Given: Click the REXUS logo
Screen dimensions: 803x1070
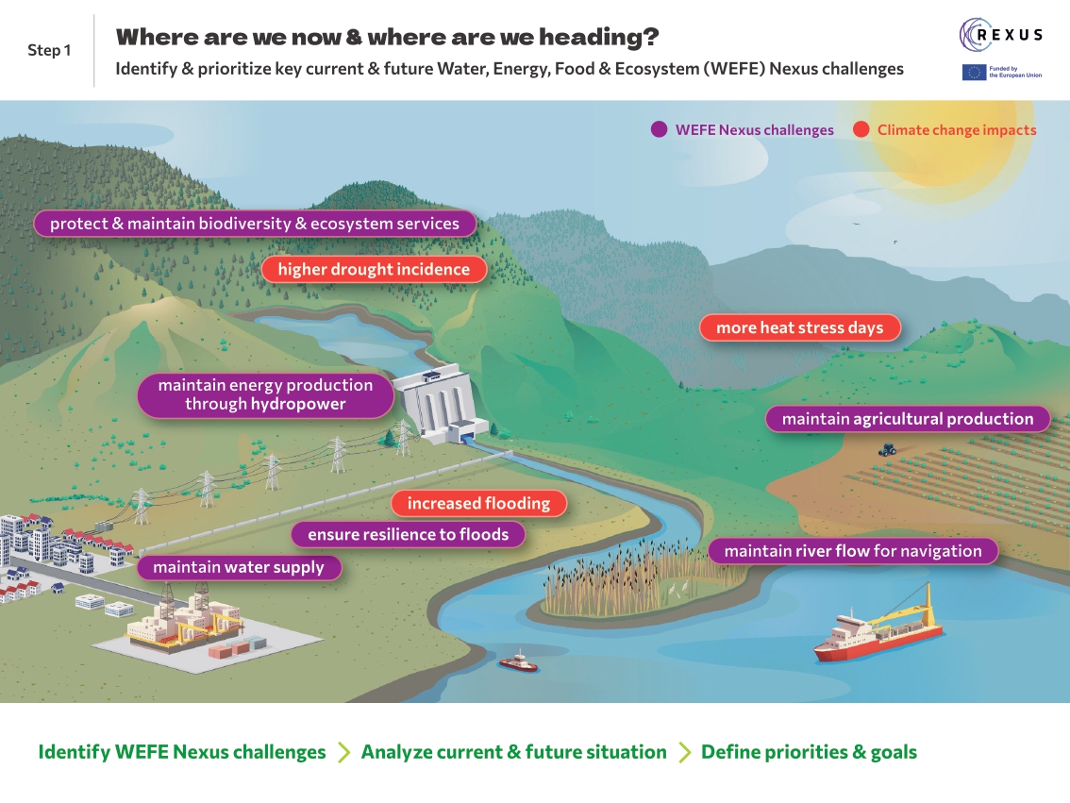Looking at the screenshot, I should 1001,35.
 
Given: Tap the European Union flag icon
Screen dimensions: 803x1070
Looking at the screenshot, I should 974,73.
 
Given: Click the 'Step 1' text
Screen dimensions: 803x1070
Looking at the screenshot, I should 49,50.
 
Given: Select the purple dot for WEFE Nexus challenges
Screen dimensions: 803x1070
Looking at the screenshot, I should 660,130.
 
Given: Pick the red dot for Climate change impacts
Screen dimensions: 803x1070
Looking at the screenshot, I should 861,130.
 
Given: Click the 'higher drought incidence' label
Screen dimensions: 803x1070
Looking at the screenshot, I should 374,270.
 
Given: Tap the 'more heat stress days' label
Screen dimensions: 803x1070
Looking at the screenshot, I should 799,328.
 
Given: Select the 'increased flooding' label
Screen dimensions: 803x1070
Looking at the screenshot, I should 478,504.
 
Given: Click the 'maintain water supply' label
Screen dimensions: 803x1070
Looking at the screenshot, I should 238,567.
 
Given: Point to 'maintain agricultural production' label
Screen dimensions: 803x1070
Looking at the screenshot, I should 907,419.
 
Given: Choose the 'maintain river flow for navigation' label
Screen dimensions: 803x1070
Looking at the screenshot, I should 852,551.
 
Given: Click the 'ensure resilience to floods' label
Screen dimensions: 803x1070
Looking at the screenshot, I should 408,534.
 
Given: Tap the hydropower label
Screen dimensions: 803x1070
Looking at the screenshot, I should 265,394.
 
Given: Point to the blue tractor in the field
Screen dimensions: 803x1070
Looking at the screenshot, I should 887,450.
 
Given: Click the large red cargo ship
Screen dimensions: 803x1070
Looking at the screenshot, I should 878,627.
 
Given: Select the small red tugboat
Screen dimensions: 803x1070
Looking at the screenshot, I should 518,662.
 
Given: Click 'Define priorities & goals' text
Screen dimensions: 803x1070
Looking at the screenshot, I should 809,752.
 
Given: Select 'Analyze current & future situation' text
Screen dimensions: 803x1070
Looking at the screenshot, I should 513,752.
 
